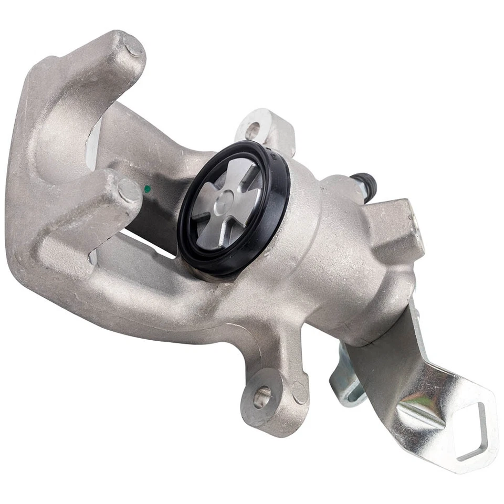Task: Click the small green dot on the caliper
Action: [148, 187]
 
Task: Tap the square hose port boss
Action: [401, 226]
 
